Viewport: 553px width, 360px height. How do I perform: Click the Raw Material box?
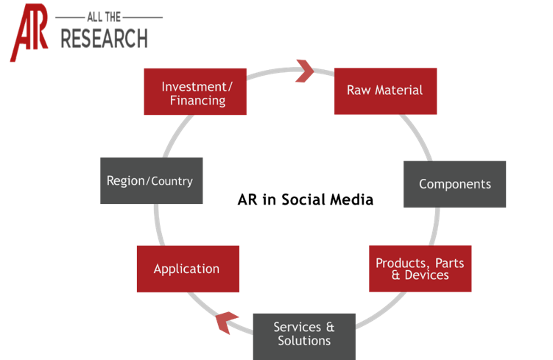(x=385, y=91)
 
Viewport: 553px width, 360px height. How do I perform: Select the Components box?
(x=454, y=184)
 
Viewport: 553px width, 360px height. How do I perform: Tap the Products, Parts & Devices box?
(x=420, y=269)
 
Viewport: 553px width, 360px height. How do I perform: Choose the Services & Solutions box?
(x=303, y=333)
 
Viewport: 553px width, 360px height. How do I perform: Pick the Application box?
(x=187, y=269)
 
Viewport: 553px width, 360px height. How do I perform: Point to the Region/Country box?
(x=151, y=180)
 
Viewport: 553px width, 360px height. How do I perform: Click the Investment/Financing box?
(x=196, y=93)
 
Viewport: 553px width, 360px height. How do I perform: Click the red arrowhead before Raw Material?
(x=304, y=71)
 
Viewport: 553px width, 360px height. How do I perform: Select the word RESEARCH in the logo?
(x=104, y=39)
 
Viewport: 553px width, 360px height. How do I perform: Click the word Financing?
(x=197, y=100)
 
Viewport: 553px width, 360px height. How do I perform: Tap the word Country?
(x=172, y=180)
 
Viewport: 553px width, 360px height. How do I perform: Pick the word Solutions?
(x=304, y=341)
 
